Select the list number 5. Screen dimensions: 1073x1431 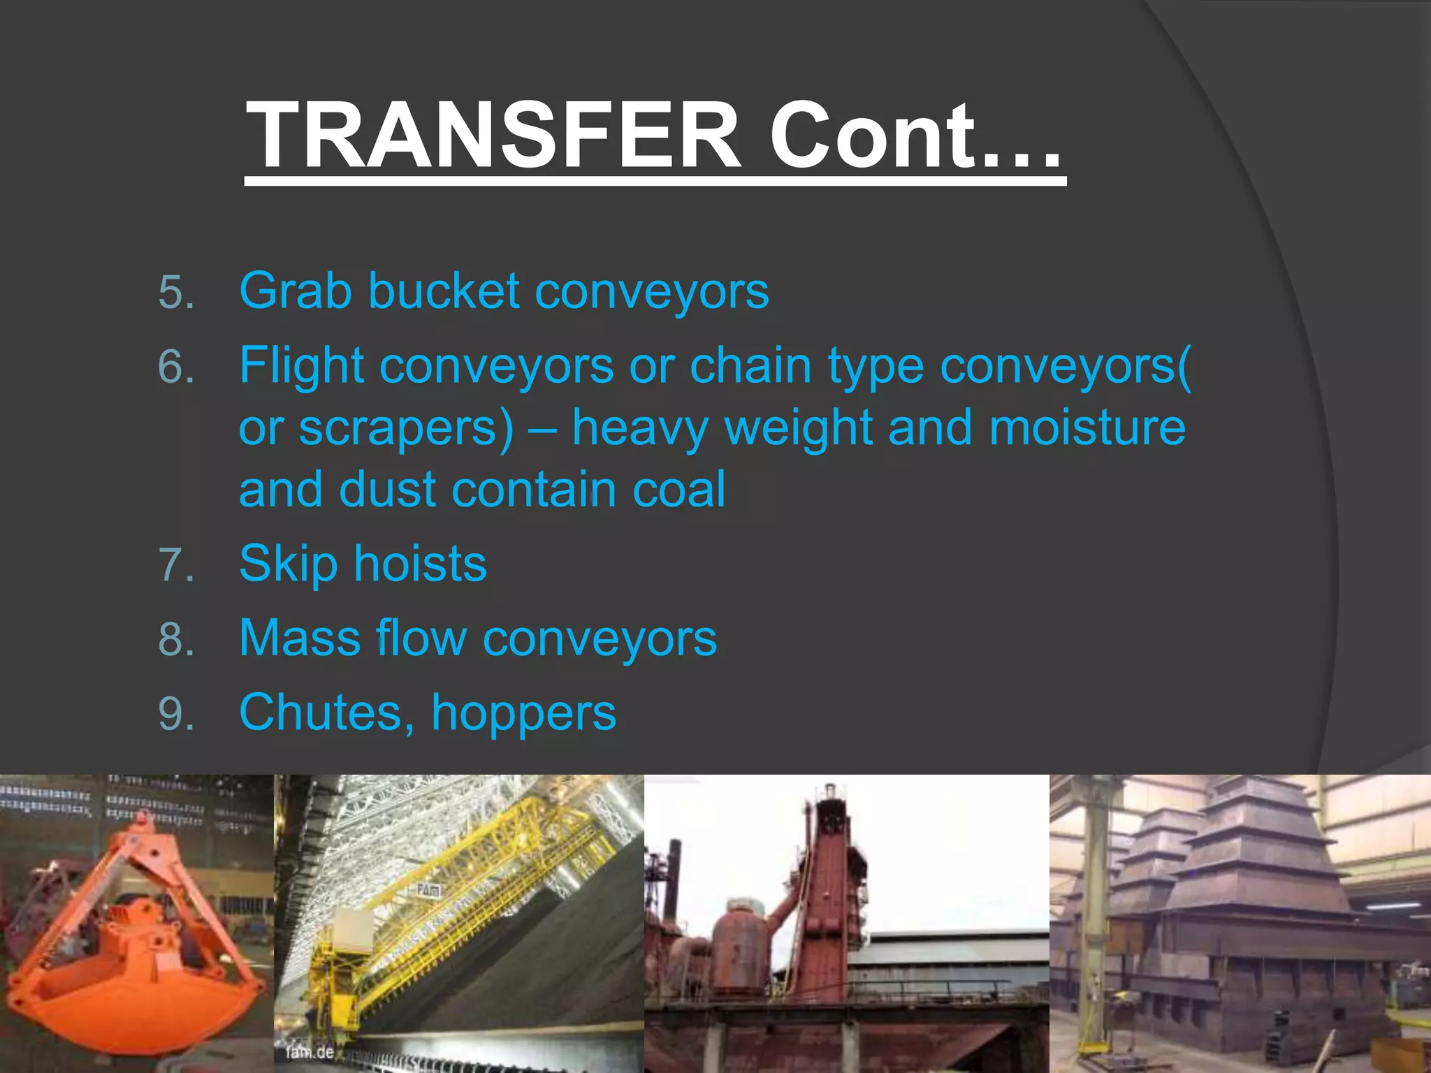[176, 292]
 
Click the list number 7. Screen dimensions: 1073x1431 [176, 565]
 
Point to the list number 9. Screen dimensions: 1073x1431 [176, 714]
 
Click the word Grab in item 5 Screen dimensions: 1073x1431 [295, 291]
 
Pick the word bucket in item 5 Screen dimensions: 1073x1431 [443, 291]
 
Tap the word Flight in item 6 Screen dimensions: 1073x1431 [301, 366]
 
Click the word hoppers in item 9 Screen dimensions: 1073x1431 [523, 715]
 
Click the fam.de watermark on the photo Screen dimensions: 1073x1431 [310, 1051]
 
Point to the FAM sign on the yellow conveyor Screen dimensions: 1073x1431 [428, 891]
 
